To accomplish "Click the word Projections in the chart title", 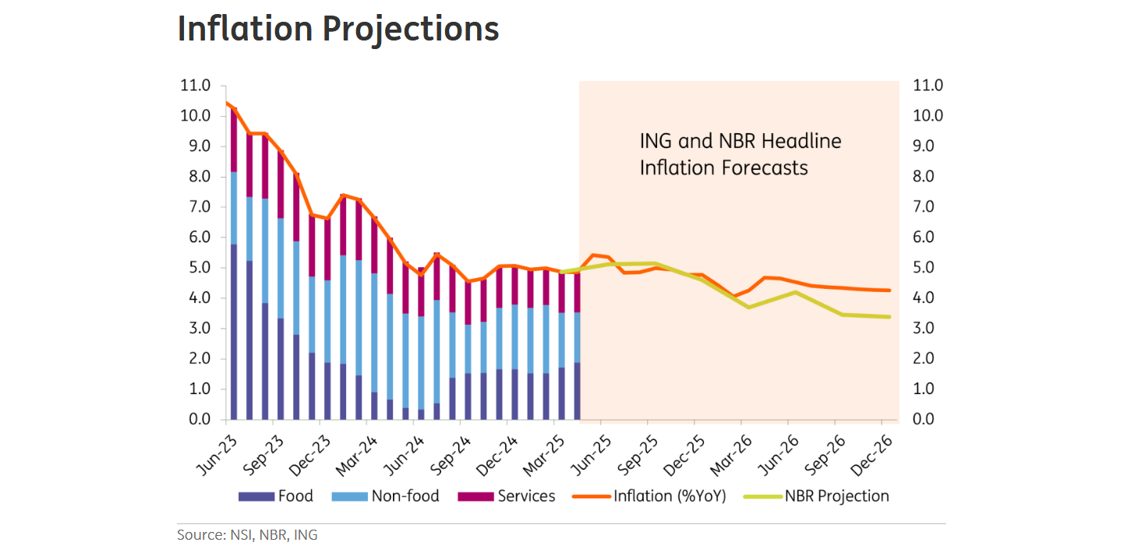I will pos(410,29).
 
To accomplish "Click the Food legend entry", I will pos(295,496).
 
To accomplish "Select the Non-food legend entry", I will pos(405,496).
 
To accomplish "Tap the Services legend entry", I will pos(526,496).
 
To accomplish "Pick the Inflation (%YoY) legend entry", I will pos(669,496).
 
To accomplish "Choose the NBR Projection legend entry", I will pos(836,496).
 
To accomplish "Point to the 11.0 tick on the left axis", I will pos(195,86).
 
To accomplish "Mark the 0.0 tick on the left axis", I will pos(195,420).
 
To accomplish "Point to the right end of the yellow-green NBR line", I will pos(889,316).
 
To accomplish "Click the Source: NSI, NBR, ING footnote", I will pos(247,535).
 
